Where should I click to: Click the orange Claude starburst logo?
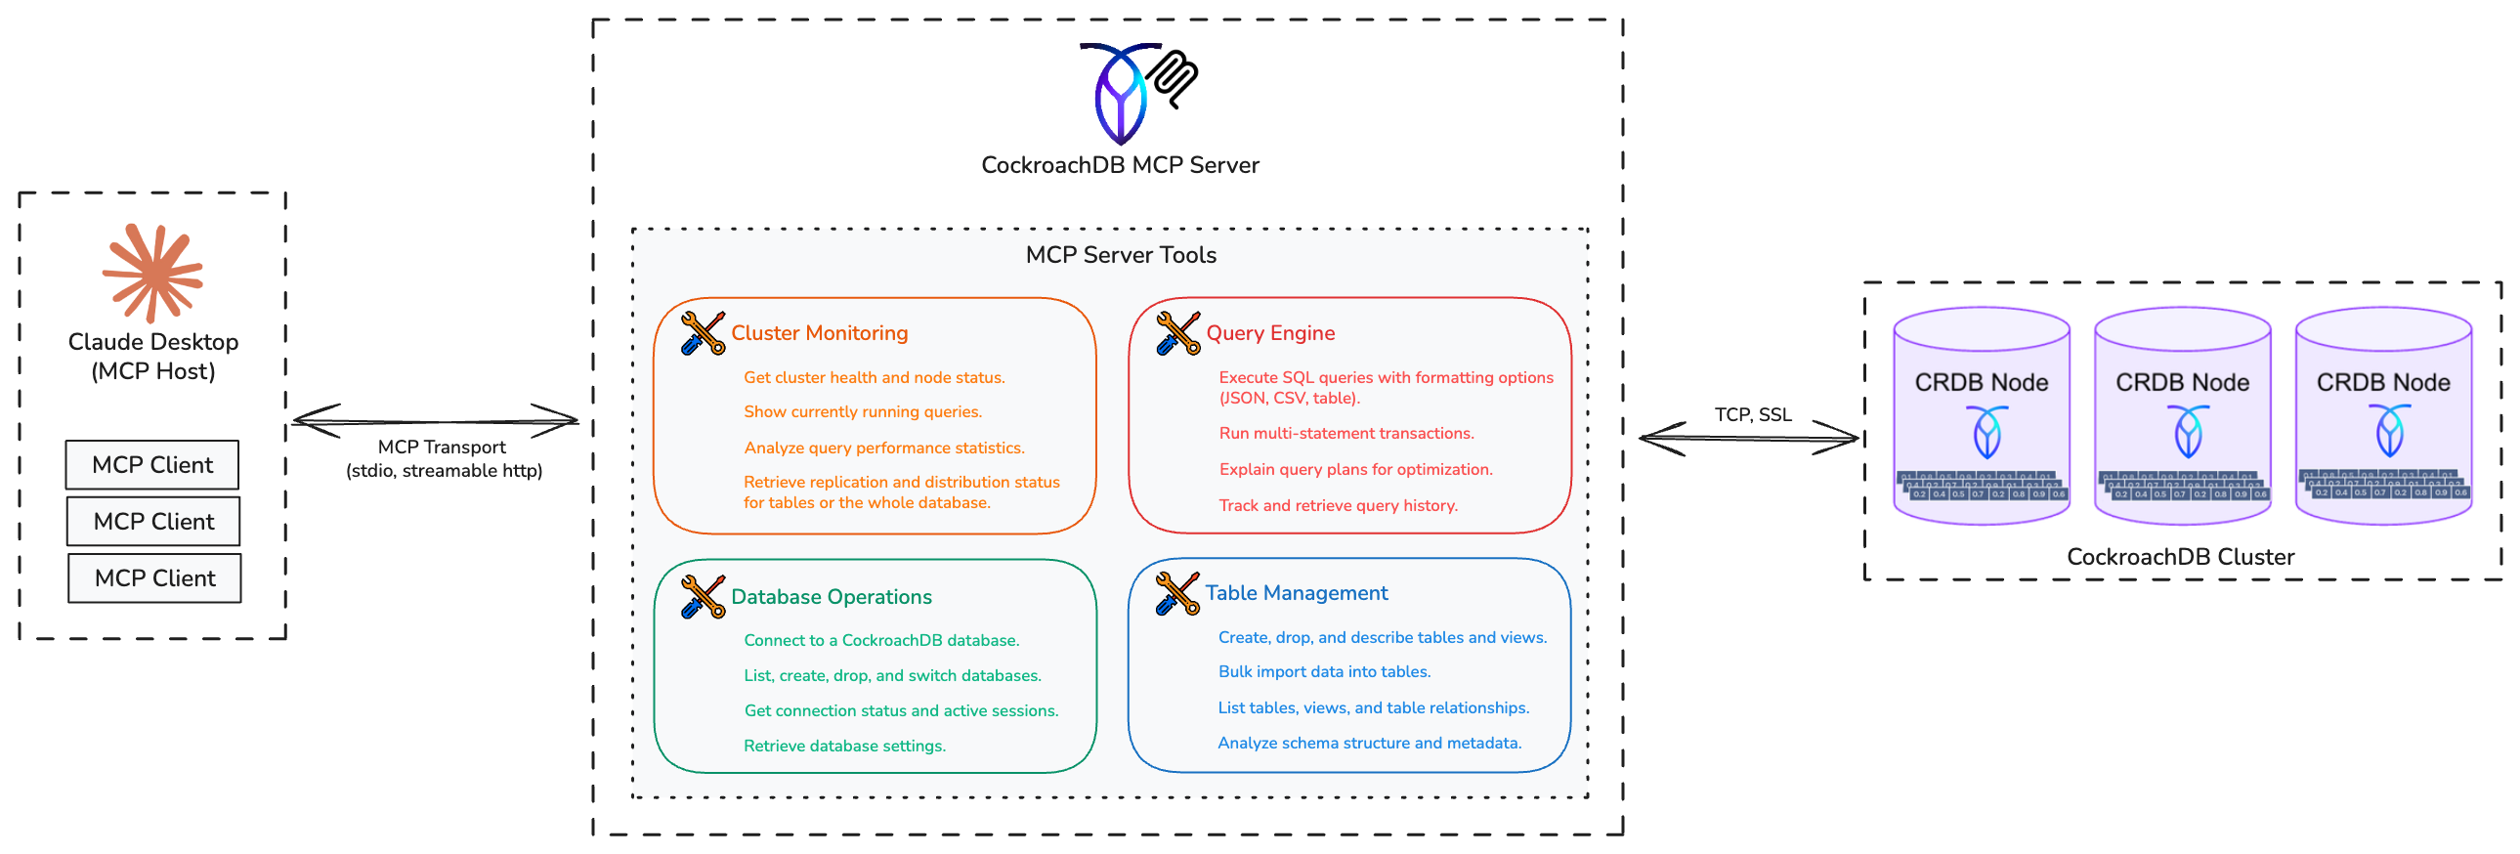pyautogui.click(x=152, y=273)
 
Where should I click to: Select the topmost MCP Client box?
pyautogui.click(x=152, y=465)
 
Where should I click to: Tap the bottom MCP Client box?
pyautogui.click(x=154, y=578)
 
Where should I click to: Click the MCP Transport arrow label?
pyautogui.click(x=444, y=458)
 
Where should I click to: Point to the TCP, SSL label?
pyautogui.click(x=1752, y=413)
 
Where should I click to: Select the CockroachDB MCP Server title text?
pyautogui.click(x=1120, y=165)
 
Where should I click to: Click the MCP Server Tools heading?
pyautogui.click(x=1120, y=255)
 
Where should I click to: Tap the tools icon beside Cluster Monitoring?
pyautogui.click(x=703, y=333)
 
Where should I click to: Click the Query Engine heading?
pyautogui.click(x=1270, y=333)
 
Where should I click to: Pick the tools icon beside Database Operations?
pyautogui.click(x=703, y=597)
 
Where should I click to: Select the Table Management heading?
pyautogui.click(x=1296, y=593)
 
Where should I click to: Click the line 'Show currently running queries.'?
pyautogui.click(x=862, y=411)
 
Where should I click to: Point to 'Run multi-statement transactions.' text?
pyautogui.click(x=1345, y=434)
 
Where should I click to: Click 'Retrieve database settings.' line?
pyautogui.click(x=844, y=746)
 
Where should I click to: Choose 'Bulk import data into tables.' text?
pyautogui.click(x=1324, y=672)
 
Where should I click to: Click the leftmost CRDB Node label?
pyautogui.click(x=1981, y=382)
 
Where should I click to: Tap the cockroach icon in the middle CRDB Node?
pyautogui.click(x=2188, y=432)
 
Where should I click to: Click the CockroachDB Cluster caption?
pyautogui.click(x=2180, y=557)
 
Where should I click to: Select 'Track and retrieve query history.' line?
pyautogui.click(x=1338, y=506)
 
